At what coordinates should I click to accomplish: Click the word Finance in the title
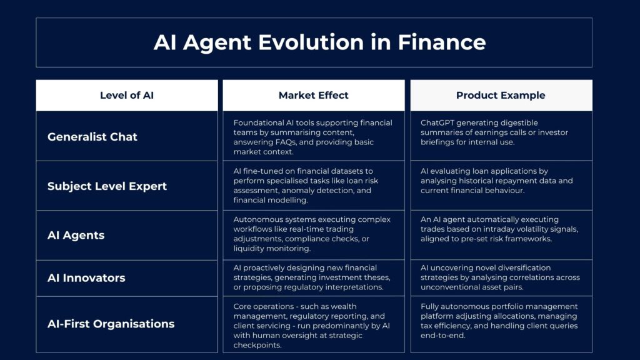point(442,42)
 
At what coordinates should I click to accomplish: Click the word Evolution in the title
point(311,42)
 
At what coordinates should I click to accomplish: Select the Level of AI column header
point(127,95)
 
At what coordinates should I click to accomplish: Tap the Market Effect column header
point(314,95)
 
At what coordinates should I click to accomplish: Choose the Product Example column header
point(501,95)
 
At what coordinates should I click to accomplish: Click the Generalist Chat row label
point(92,137)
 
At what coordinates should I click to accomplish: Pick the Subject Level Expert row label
point(107,186)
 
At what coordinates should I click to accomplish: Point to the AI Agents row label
point(76,235)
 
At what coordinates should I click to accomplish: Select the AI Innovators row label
point(86,278)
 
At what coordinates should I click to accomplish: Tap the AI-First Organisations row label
point(111,324)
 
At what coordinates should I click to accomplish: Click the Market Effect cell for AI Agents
point(314,235)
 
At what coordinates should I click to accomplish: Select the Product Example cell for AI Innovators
point(501,278)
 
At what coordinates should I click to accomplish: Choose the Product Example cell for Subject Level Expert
point(501,186)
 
